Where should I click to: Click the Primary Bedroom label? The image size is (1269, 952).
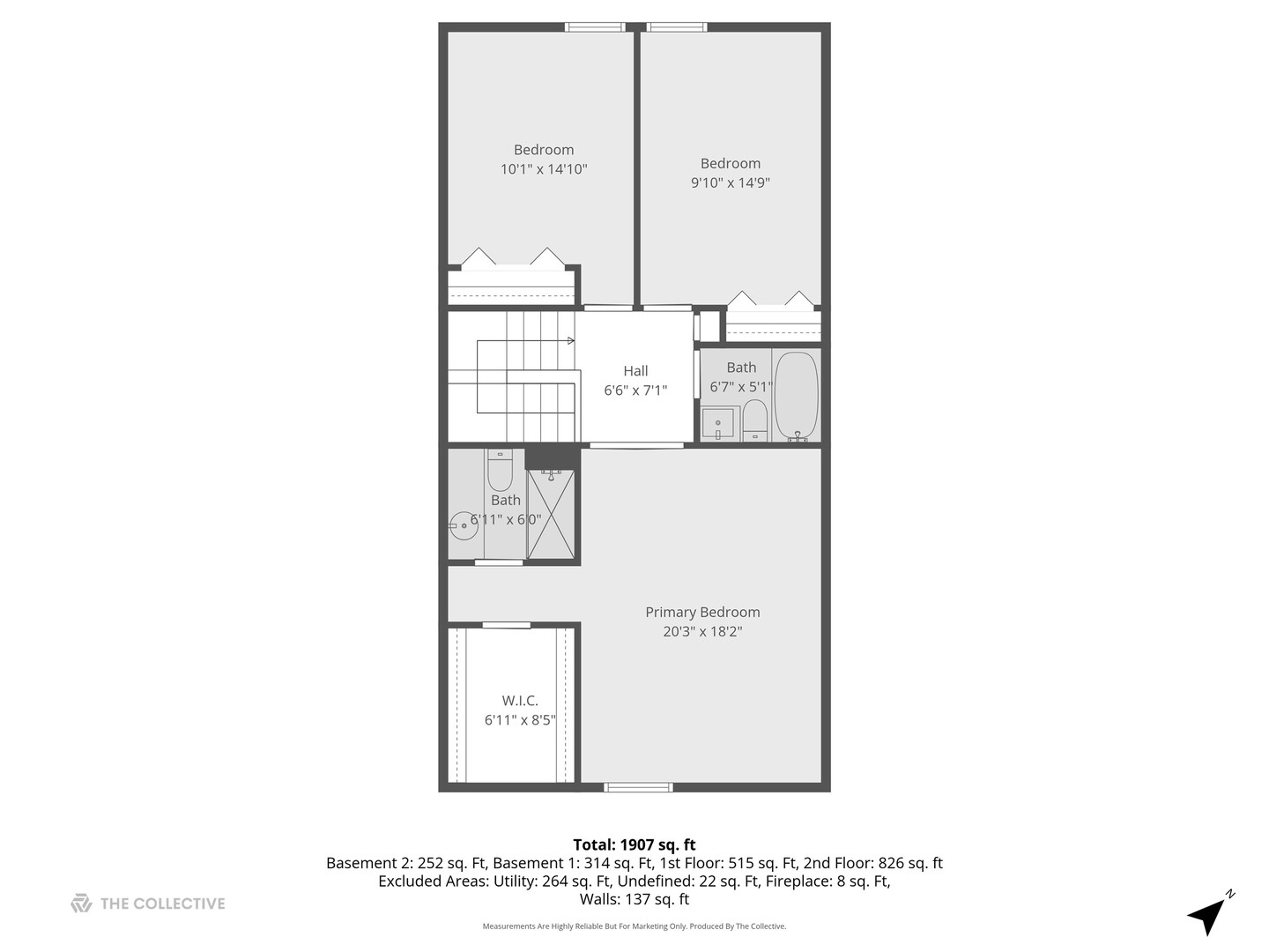pos(702,612)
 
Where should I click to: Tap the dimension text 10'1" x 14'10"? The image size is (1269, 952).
pos(544,169)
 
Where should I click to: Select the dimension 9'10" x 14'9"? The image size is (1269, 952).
pos(731,182)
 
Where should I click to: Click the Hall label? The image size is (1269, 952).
pos(635,371)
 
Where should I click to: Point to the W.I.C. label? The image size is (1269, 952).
pos(520,701)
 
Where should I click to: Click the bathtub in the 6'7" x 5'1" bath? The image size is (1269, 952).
pos(797,396)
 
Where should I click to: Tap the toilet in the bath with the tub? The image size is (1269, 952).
pos(755,419)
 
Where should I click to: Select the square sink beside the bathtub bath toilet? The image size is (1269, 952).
pos(719,422)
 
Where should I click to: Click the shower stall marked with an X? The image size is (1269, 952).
pos(552,515)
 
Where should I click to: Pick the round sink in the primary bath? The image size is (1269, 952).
pos(463,526)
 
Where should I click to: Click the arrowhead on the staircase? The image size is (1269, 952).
pos(571,340)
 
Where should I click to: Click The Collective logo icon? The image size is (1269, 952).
pos(81,904)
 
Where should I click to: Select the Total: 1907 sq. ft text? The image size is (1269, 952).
pos(634,844)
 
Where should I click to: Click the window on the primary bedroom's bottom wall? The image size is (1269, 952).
pos(638,787)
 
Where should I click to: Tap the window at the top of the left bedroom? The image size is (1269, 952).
pos(594,27)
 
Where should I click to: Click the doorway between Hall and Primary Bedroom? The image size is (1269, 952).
pos(636,445)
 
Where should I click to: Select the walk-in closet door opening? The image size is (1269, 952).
pos(507,625)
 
